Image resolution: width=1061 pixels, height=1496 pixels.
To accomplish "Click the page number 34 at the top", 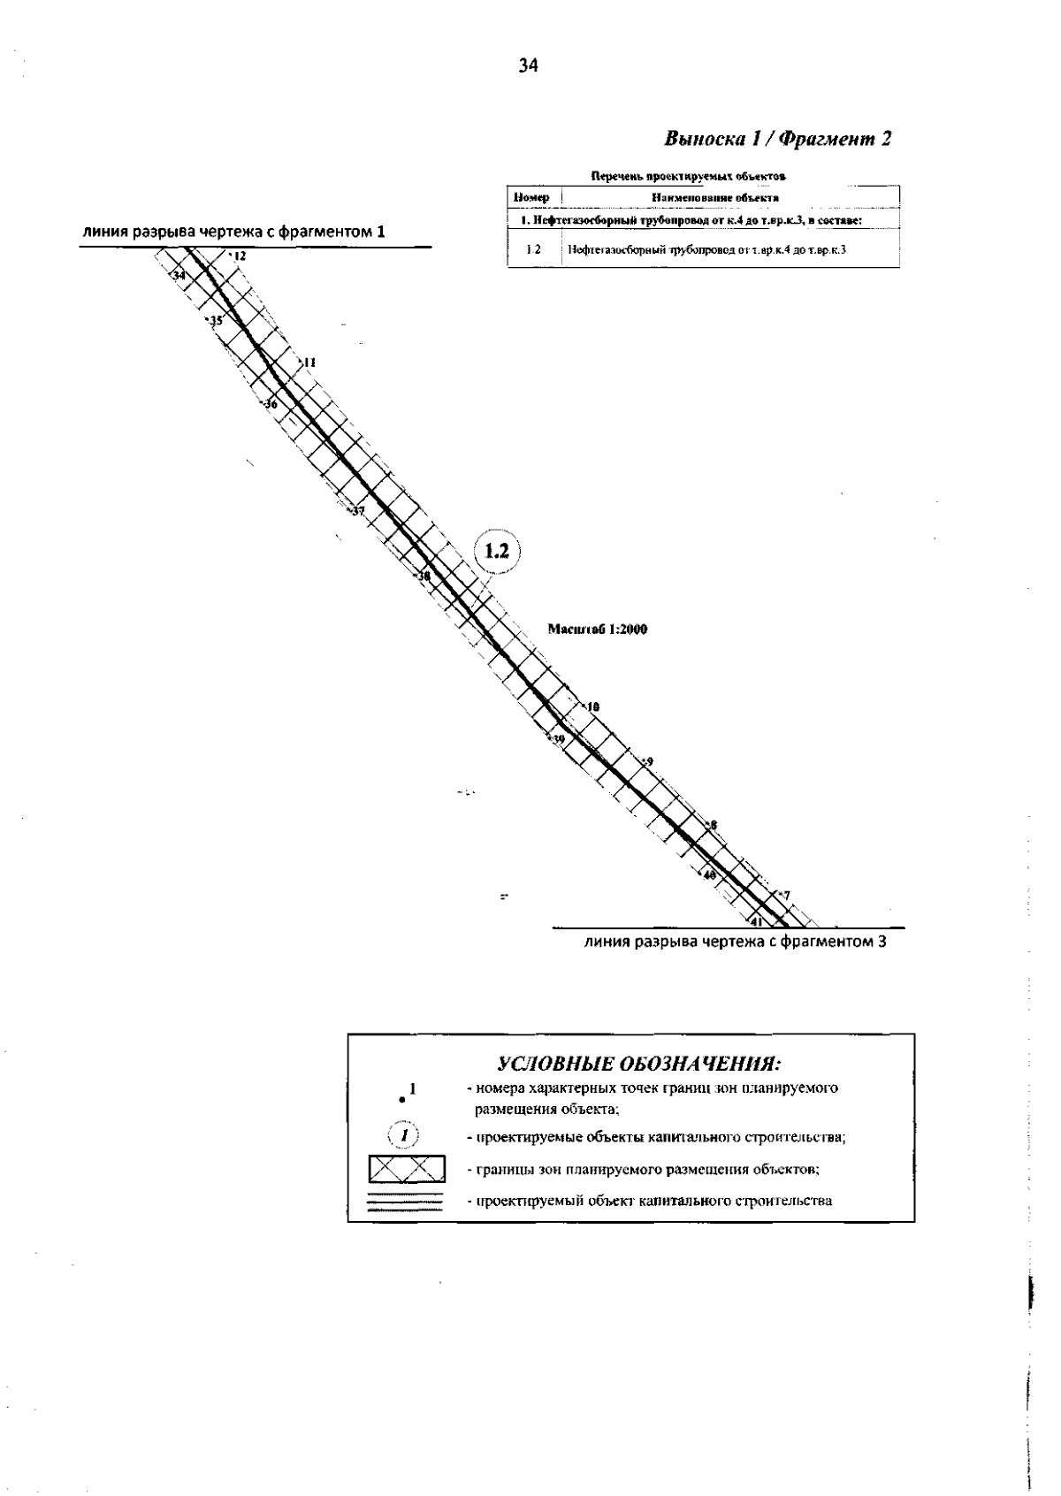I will [528, 65].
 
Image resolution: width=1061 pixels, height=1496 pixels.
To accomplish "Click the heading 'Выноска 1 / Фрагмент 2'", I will [777, 139].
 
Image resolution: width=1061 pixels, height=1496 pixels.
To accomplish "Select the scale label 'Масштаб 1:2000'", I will [599, 630].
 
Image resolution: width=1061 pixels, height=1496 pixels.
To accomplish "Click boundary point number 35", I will [215, 320].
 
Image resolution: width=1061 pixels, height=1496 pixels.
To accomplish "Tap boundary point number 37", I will [355, 511].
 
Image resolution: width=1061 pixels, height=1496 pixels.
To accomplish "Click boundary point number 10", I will [592, 706].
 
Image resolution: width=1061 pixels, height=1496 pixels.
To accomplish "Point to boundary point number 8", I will [712, 826].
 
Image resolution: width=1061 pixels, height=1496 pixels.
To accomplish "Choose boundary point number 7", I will [784, 896].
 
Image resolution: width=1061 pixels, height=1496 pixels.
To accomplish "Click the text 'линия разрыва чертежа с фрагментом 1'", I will [233, 233].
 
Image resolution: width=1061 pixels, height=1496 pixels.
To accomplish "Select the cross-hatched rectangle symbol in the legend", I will [407, 1169].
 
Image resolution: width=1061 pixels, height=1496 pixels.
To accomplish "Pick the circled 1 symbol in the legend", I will [404, 1135].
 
